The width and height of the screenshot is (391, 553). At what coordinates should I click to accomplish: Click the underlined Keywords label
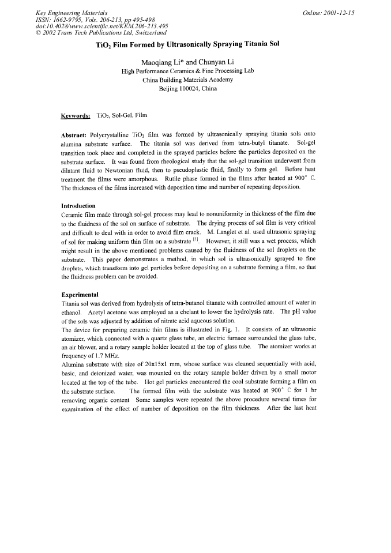tap(76, 115)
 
